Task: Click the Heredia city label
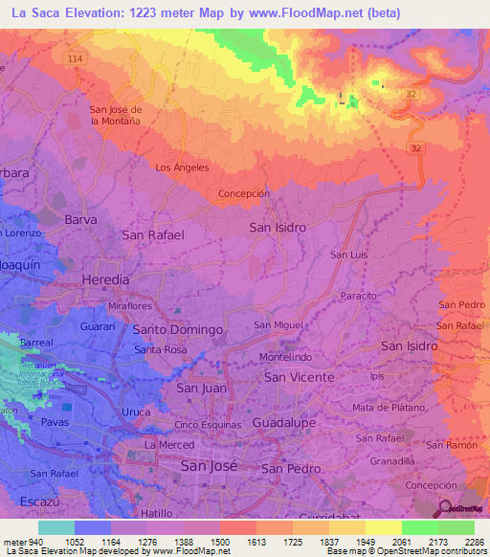tap(106, 278)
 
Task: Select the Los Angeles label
tap(182, 167)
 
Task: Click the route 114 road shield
tap(76, 58)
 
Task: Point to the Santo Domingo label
tap(177, 329)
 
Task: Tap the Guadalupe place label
tap(283, 421)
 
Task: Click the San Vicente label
tap(299, 377)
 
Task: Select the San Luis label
tap(349, 255)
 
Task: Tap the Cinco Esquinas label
tap(208, 424)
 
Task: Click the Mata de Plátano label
tap(387, 408)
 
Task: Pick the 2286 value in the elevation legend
tap(474, 542)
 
